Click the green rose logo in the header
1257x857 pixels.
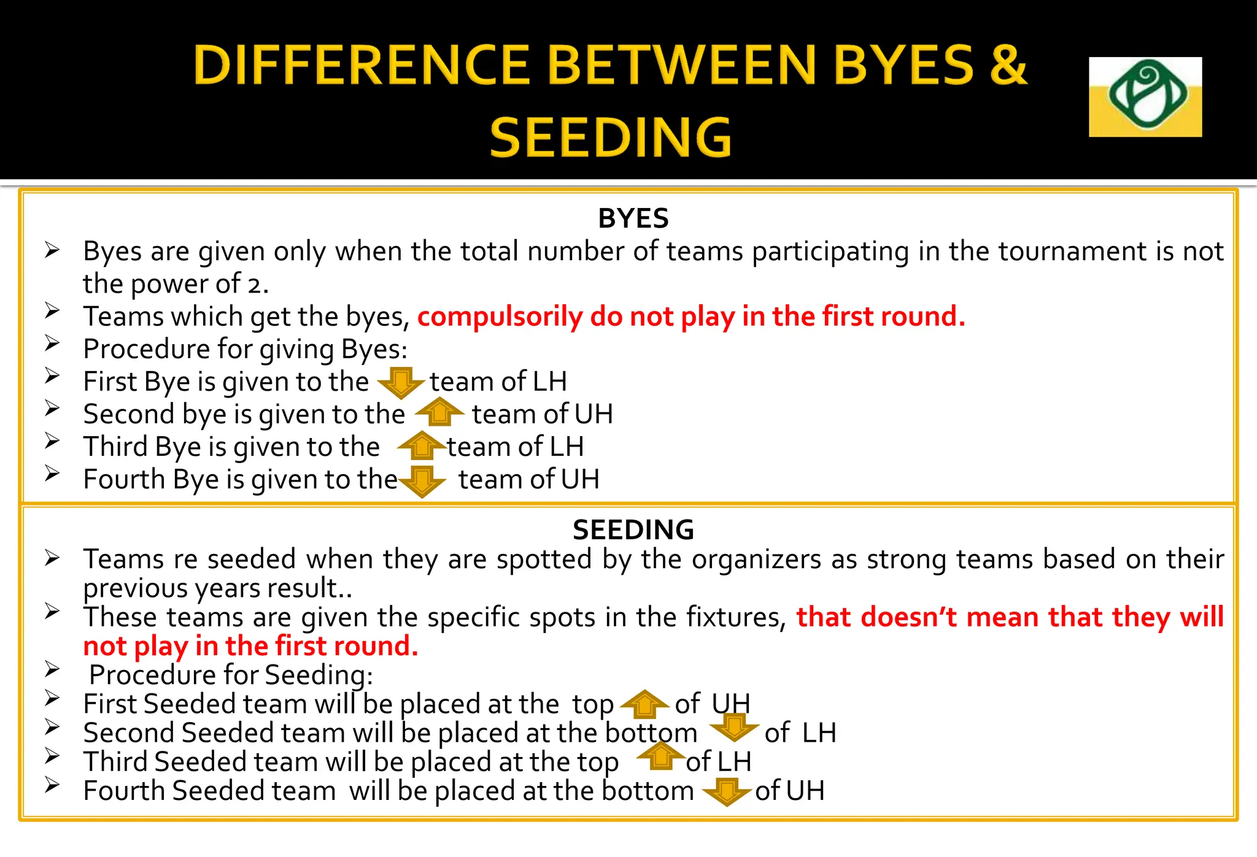tap(1145, 96)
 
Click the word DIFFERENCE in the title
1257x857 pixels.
tap(361, 65)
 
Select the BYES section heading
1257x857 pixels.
tap(633, 218)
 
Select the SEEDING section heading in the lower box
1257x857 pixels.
tap(633, 529)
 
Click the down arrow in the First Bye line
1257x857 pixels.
tap(401, 382)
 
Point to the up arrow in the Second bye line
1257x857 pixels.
tap(439, 412)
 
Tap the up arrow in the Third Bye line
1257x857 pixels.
tap(422, 446)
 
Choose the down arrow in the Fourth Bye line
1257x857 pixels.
tap(422, 480)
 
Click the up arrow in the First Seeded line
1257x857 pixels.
tap(644, 704)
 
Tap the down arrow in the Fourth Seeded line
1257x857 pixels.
tap(727, 791)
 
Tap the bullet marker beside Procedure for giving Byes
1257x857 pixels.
tap(52, 344)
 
